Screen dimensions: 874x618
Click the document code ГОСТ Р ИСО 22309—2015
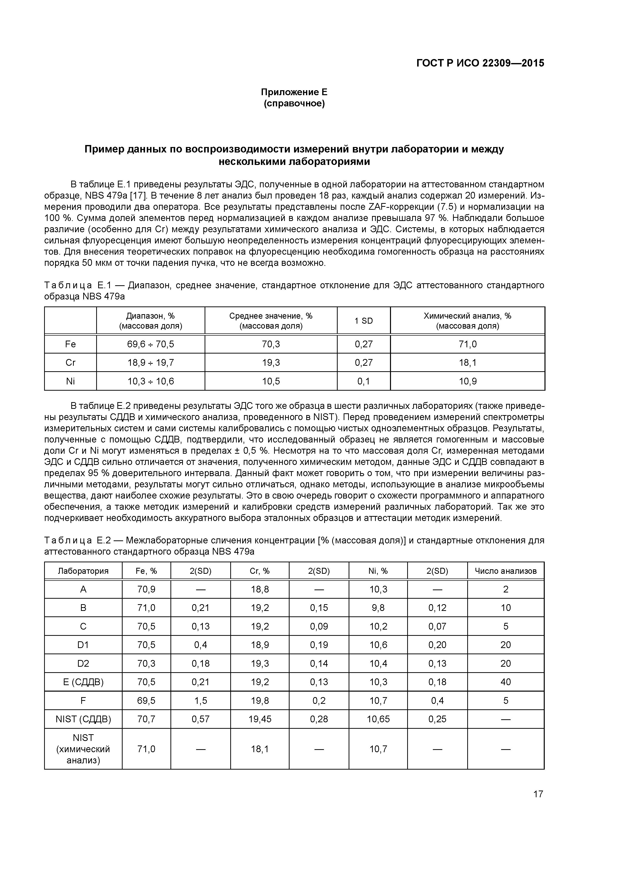[480, 63]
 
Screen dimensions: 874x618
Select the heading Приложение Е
[294, 92]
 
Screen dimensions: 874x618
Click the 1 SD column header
[364, 321]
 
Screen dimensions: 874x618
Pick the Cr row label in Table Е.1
[71, 363]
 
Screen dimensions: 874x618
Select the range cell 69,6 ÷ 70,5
[151, 344]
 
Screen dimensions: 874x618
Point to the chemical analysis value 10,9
[467, 381]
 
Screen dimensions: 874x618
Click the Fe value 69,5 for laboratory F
[146, 700]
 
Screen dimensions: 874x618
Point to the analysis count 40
[506, 682]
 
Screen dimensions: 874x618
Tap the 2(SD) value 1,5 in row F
[201, 700]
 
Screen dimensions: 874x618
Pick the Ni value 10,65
[378, 719]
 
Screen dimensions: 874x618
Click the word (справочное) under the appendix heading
[294, 104]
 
